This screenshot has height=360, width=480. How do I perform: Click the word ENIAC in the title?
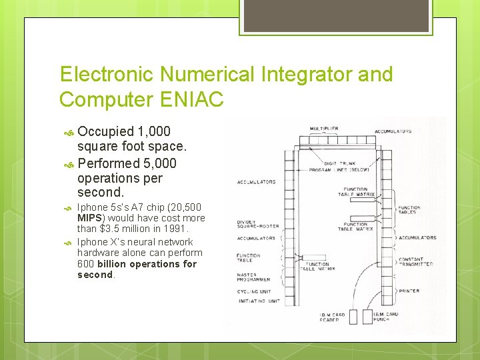click(x=193, y=99)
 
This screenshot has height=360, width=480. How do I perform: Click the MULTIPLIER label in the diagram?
click(x=323, y=128)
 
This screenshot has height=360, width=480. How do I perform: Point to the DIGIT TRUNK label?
click(x=339, y=163)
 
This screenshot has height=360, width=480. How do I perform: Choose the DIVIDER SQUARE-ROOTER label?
click(x=256, y=225)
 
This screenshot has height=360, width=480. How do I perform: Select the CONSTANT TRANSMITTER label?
click(x=415, y=261)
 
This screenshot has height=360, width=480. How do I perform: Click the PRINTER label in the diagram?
click(x=409, y=291)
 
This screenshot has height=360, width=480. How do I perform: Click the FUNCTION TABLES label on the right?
click(x=409, y=210)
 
